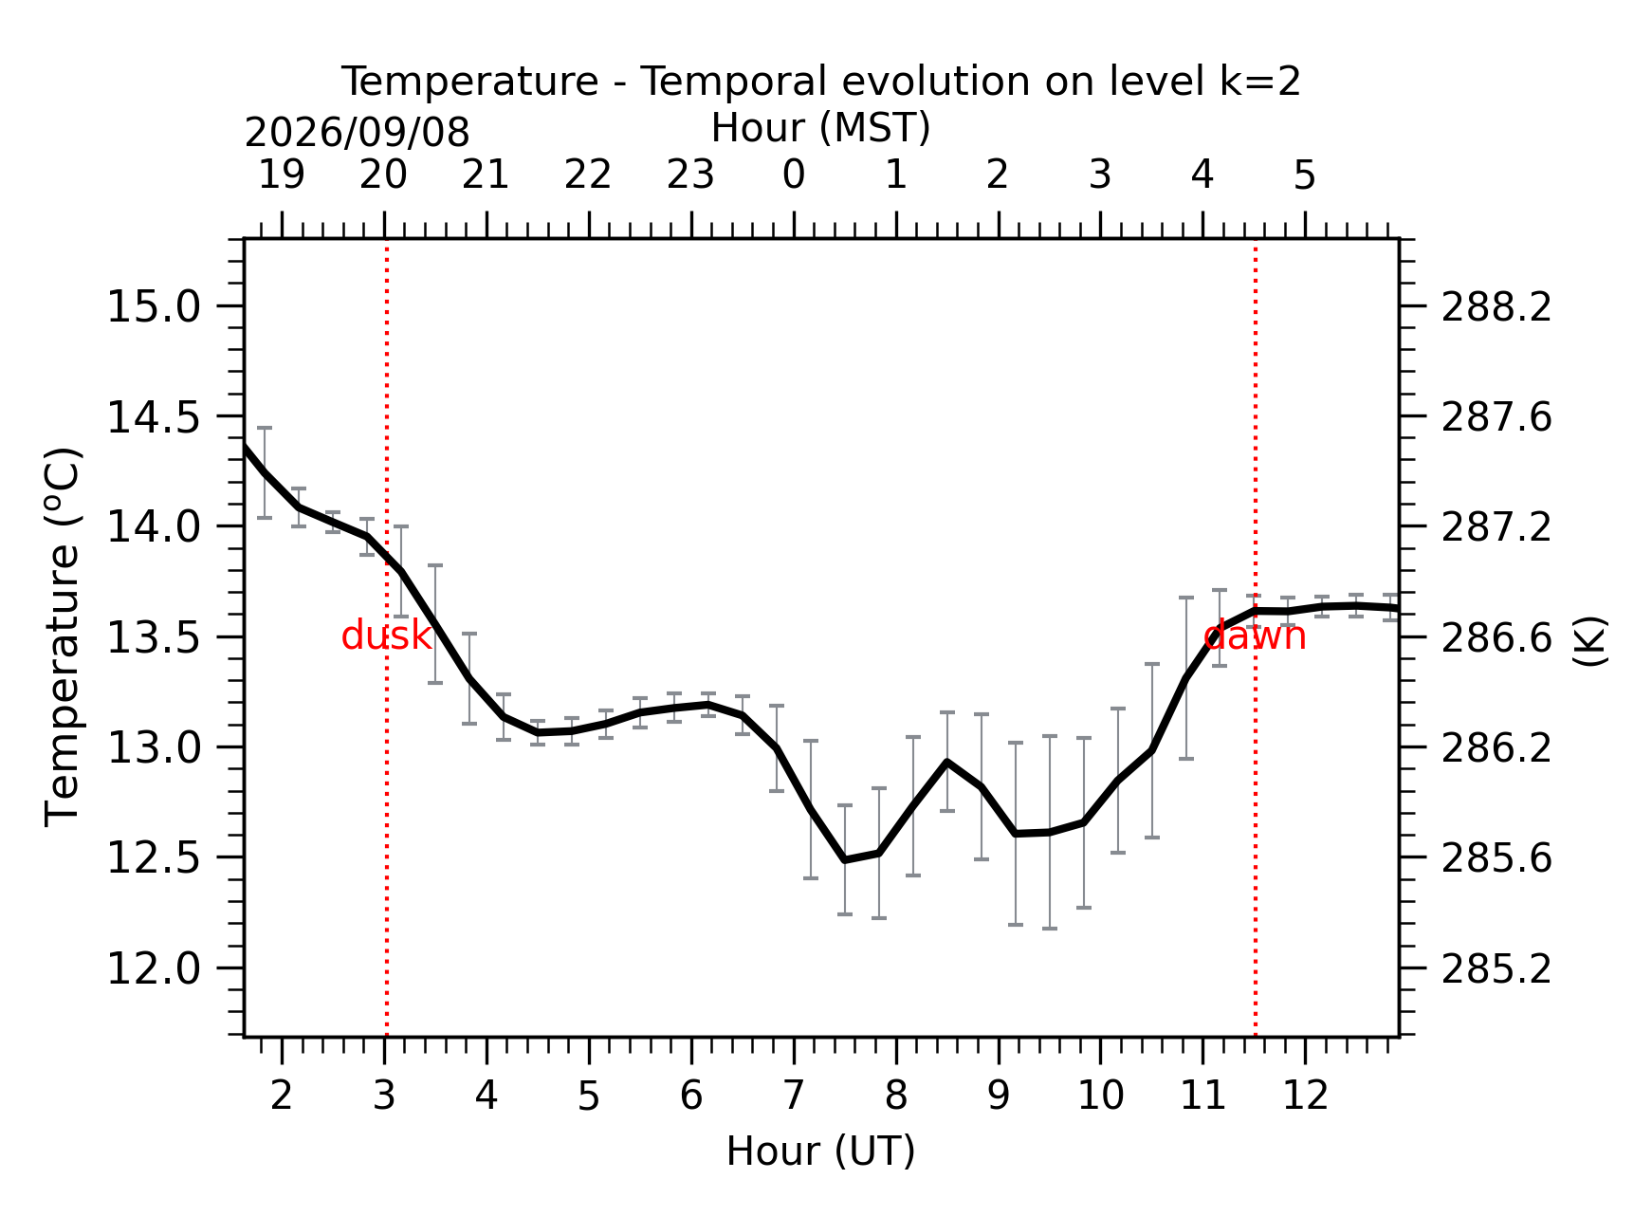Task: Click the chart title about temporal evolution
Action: click(820, 82)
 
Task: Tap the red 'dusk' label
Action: click(386, 636)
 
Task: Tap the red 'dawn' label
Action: click(1255, 636)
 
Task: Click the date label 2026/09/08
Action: click(357, 133)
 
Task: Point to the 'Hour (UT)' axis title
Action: click(820, 1151)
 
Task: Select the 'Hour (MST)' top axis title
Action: click(820, 128)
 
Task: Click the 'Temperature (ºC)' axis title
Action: click(64, 637)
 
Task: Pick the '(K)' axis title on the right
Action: click(1590, 641)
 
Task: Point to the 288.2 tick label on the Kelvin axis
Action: click(1496, 307)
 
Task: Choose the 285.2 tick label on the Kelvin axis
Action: click(1496, 969)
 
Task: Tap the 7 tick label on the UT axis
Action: click(794, 1096)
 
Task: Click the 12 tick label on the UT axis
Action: click(1305, 1096)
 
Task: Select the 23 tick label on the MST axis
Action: click(690, 175)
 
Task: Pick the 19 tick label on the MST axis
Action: click(282, 175)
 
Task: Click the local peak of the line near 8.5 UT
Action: click(946, 762)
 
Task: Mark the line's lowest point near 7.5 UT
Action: click(845, 859)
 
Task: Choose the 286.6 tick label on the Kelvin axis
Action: click(1496, 638)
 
